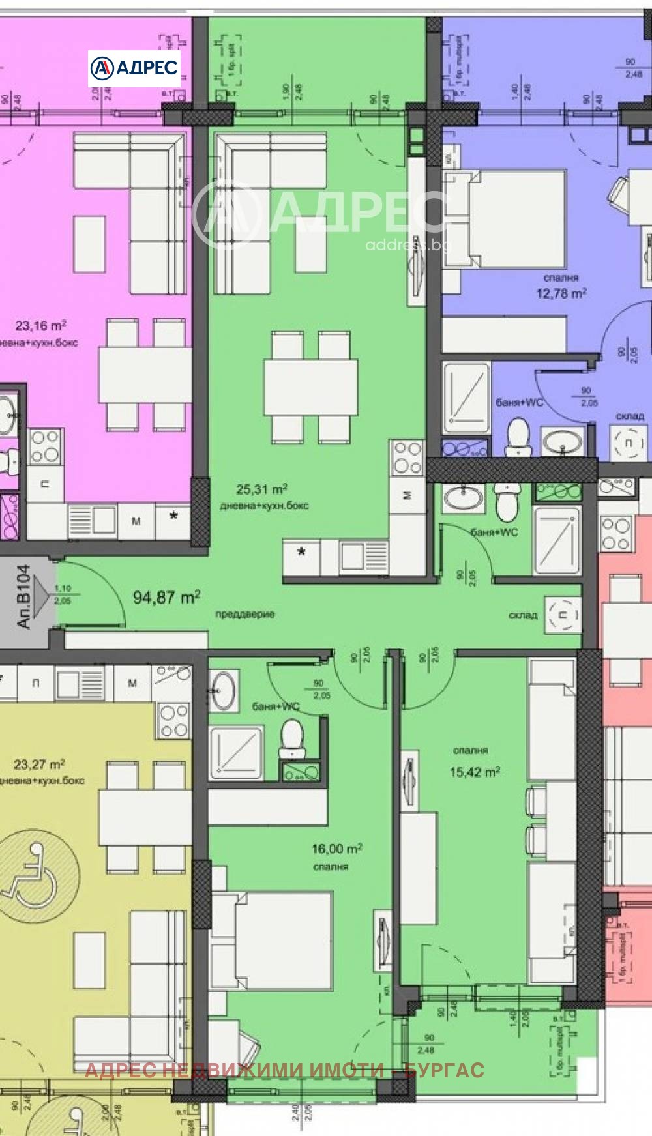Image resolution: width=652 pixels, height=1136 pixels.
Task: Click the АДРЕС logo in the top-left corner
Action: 134,68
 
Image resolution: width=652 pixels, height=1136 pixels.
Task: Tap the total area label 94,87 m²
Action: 166,597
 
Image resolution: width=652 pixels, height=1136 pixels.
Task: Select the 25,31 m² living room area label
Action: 261,489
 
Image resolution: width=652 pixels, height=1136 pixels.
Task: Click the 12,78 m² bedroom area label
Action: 561,293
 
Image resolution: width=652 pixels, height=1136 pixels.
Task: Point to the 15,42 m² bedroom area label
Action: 475,772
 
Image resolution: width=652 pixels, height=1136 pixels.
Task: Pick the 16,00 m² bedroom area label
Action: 336,849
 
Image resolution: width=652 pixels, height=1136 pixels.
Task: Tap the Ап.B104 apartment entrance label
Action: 24,596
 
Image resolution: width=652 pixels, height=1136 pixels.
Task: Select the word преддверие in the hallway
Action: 245,614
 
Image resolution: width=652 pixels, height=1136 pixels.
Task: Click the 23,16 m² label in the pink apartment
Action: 40,325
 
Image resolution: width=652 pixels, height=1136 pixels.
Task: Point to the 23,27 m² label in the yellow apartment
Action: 39,764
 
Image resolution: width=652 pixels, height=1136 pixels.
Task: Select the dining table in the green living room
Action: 310,387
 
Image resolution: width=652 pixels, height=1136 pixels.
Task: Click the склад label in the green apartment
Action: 523,615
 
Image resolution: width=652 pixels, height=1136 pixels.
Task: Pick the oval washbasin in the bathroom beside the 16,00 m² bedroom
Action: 224,692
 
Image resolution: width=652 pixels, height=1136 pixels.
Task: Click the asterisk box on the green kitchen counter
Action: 301,553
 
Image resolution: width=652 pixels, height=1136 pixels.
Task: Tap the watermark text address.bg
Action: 407,245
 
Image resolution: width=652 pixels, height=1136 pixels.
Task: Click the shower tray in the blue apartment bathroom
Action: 466,397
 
